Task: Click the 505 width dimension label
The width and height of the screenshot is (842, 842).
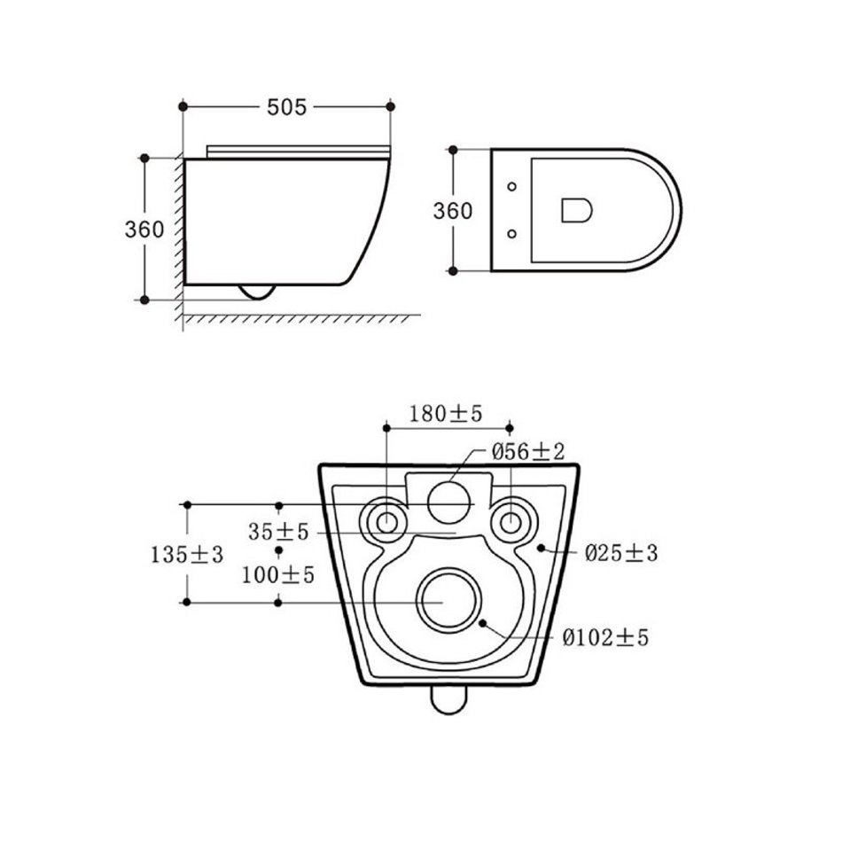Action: click(287, 107)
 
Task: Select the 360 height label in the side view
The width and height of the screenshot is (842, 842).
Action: click(144, 230)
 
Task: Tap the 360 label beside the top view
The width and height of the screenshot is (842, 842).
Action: click(453, 211)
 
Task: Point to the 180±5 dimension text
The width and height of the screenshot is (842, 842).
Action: click(446, 414)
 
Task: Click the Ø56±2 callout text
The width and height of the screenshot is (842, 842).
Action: click(528, 452)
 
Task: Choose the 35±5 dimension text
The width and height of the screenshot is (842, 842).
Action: click(278, 532)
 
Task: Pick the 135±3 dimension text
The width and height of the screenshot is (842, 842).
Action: click(186, 554)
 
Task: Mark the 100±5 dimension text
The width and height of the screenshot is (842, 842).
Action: click(277, 575)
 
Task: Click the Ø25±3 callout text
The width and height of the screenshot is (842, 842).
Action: click(620, 552)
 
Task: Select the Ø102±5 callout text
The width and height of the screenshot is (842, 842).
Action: click(605, 637)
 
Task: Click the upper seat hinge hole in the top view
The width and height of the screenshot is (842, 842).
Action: click(511, 187)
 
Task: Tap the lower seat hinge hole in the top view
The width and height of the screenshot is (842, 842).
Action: click(511, 234)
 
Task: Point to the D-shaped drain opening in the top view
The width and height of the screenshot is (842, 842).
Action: click(576, 210)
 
